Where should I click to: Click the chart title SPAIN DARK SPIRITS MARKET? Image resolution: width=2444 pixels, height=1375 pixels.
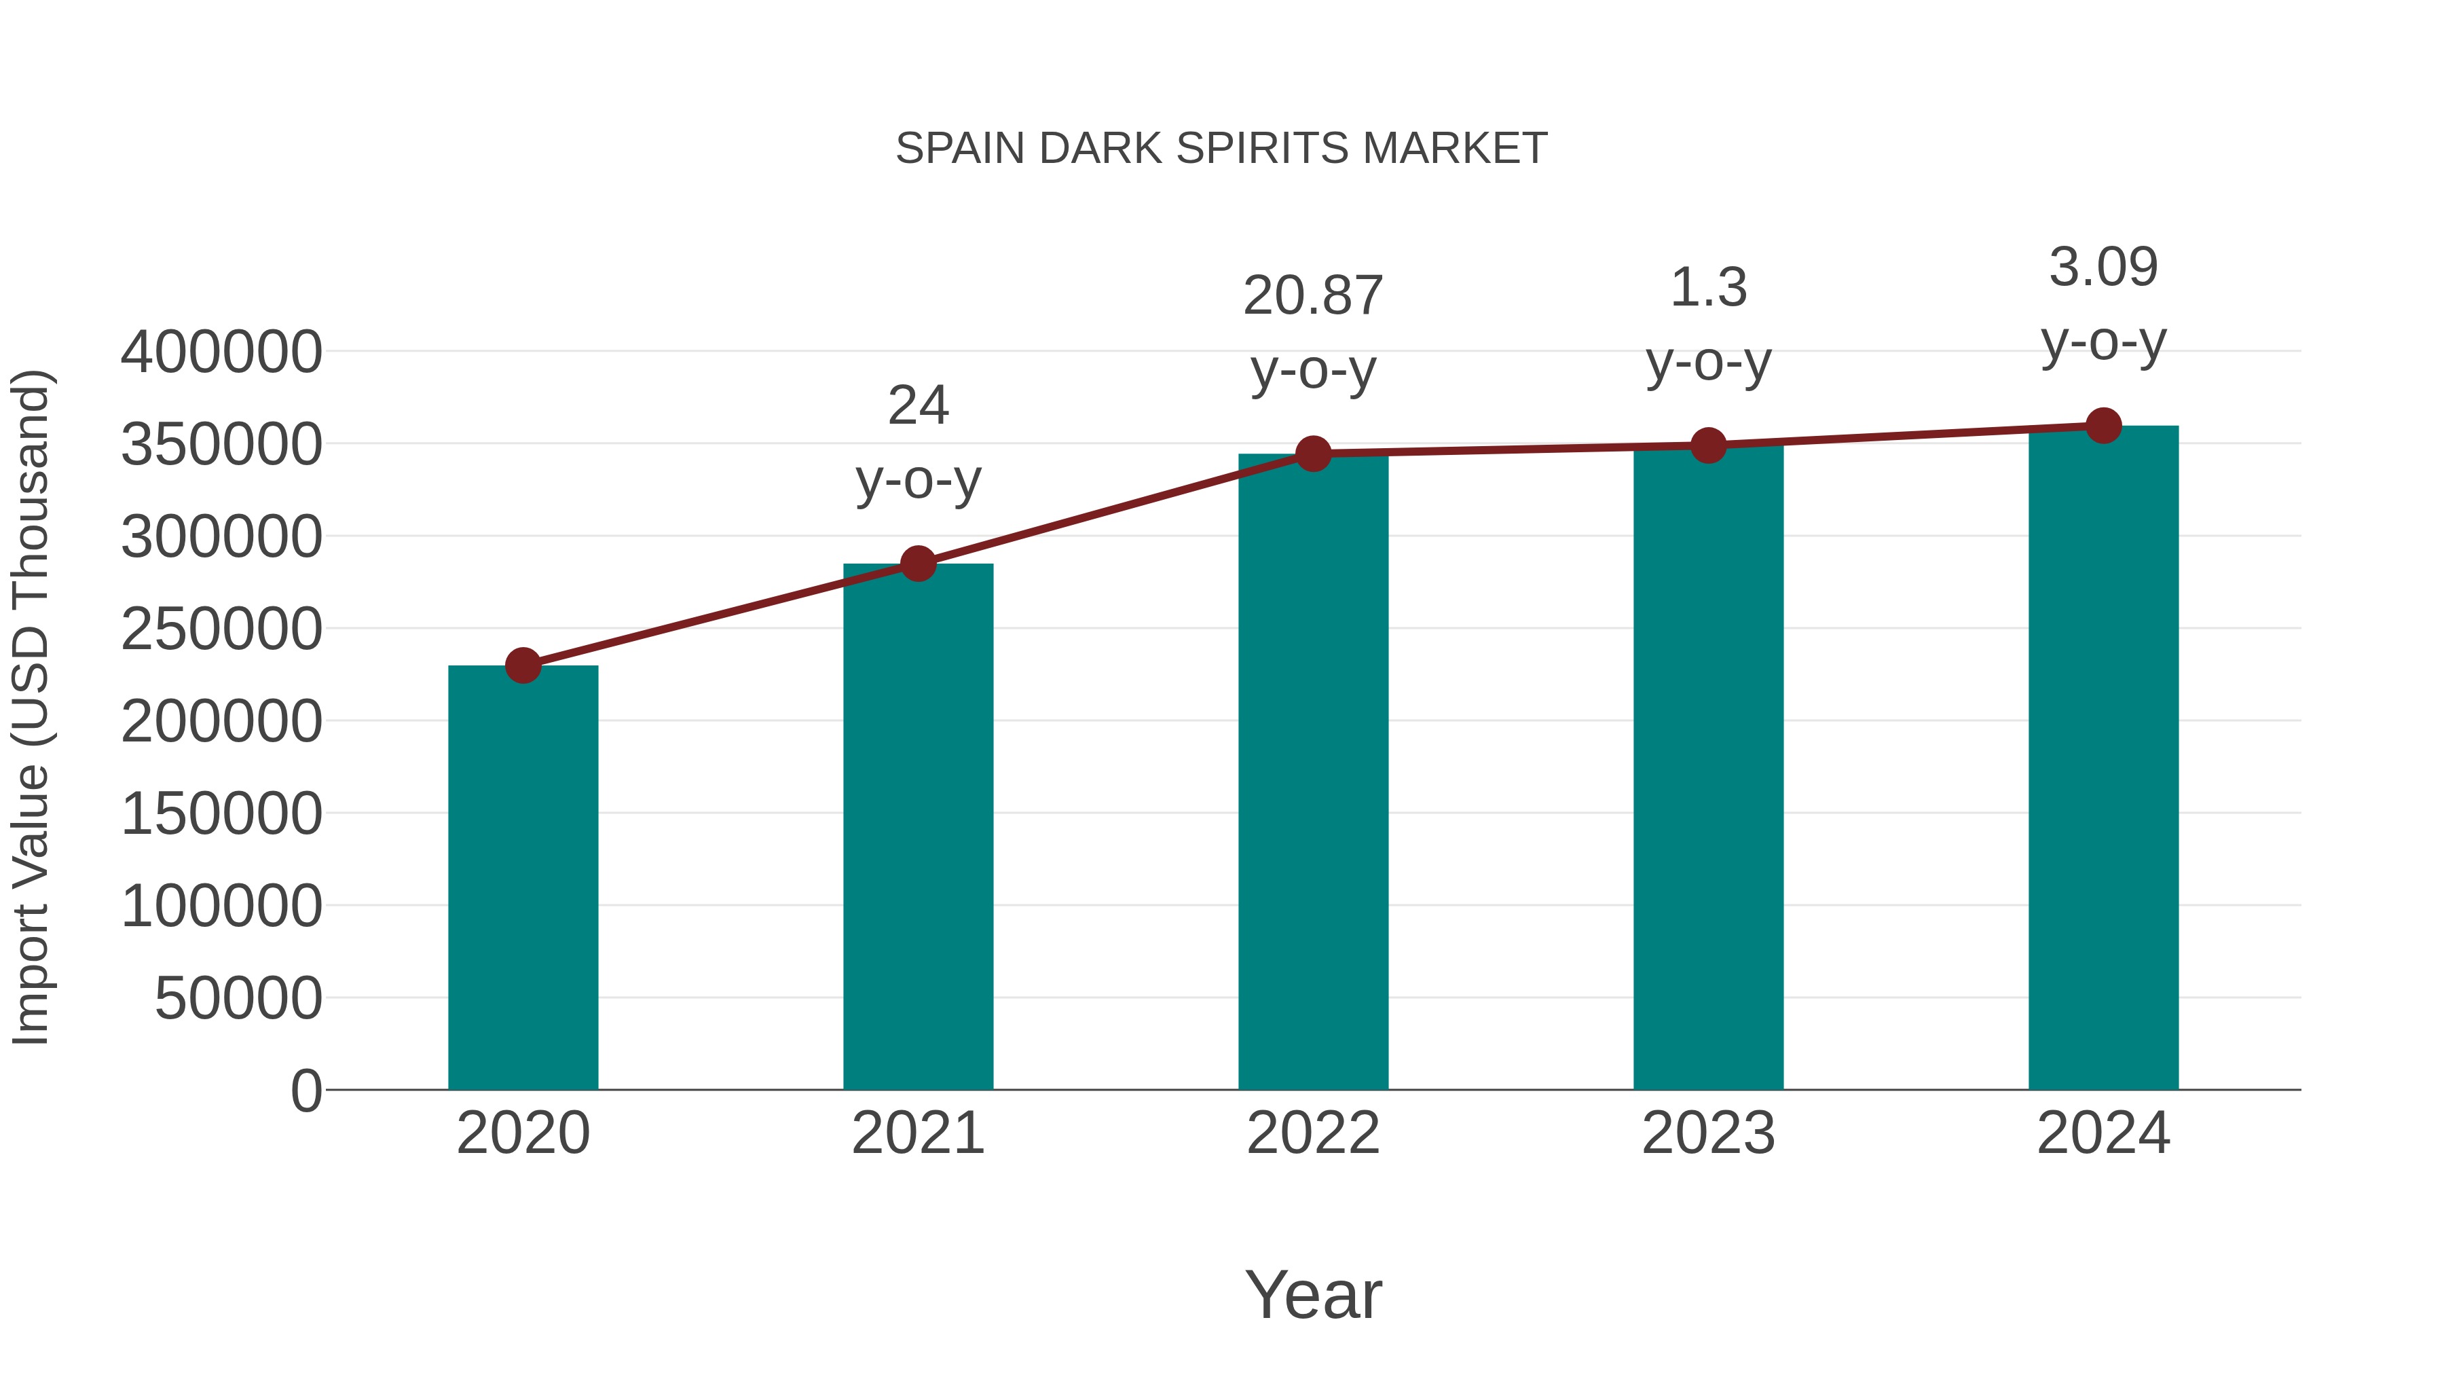pos(1221,149)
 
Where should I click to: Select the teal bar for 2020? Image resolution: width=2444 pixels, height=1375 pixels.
pos(523,878)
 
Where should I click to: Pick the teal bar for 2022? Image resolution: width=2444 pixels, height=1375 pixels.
pos(1313,771)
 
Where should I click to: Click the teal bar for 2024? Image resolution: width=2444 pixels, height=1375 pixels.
pos(2103,757)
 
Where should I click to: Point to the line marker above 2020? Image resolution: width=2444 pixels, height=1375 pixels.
pos(523,665)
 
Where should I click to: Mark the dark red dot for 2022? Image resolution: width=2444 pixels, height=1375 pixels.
pos(1313,454)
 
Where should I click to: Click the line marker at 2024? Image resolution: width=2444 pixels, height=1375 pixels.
pos(2103,425)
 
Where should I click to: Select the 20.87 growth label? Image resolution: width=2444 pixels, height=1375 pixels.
pos(1313,296)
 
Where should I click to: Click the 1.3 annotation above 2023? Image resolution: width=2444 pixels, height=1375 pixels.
pos(1708,287)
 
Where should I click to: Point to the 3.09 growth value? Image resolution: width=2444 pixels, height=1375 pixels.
pos(2103,267)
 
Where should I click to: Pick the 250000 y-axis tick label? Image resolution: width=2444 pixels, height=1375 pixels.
pos(221,629)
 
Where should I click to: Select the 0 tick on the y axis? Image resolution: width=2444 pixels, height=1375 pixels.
pos(305,1090)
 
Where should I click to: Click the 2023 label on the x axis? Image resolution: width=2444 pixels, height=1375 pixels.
pos(1708,1133)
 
